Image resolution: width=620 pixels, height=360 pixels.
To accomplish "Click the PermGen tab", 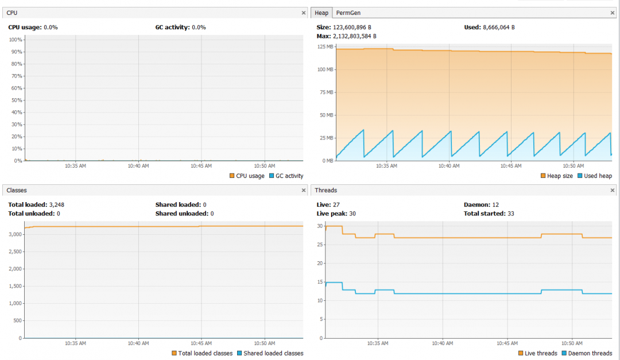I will (348, 13).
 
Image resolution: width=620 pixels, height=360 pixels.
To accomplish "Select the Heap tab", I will (321, 13).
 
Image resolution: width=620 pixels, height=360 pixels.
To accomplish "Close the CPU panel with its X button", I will (304, 13).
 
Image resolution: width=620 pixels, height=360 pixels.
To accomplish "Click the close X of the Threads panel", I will (613, 190).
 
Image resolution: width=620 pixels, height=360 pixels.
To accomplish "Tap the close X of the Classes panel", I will (304, 190).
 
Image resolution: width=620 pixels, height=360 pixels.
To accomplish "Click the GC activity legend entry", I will (285, 176).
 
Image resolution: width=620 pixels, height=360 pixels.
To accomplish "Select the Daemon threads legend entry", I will (590, 353).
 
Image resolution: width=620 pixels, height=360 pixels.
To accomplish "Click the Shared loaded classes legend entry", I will (270, 353).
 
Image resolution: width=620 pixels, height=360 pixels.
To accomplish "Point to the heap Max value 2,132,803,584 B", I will (354, 36).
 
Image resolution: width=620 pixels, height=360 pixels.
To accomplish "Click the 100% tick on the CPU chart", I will (15, 40).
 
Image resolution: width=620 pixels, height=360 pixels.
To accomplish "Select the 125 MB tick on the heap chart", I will (325, 47).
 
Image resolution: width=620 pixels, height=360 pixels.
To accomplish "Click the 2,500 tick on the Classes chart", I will (14, 251).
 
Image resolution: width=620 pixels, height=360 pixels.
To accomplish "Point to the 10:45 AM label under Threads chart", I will (507, 343).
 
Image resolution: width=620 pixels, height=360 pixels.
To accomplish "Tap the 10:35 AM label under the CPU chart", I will (76, 166).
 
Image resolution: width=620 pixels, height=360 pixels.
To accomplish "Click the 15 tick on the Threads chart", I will (321, 282).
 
